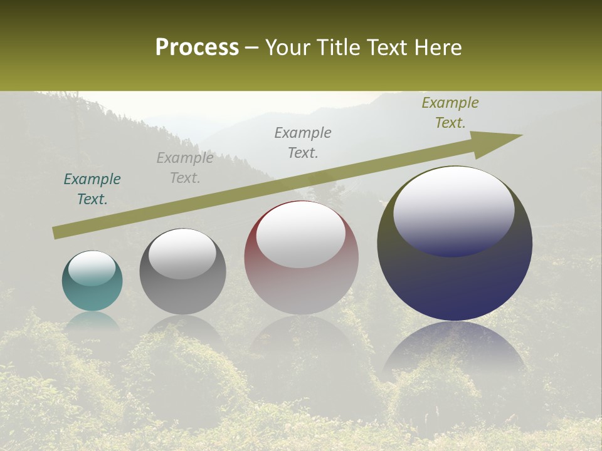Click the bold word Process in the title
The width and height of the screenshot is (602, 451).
(197, 48)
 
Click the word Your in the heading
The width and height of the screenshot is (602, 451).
(287, 48)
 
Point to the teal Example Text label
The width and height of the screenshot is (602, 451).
(92, 189)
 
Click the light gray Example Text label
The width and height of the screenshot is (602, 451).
(185, 168)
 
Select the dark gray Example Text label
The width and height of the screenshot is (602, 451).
(303, 143)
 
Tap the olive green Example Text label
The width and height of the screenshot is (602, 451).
(450, 113)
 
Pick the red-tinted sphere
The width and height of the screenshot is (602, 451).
(301, 258)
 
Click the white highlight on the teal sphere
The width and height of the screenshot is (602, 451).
(92, 268)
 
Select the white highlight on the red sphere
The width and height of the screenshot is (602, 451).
(301, 234)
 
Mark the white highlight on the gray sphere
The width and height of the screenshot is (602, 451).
(182, 253)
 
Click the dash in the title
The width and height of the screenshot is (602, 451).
(252, 48)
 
